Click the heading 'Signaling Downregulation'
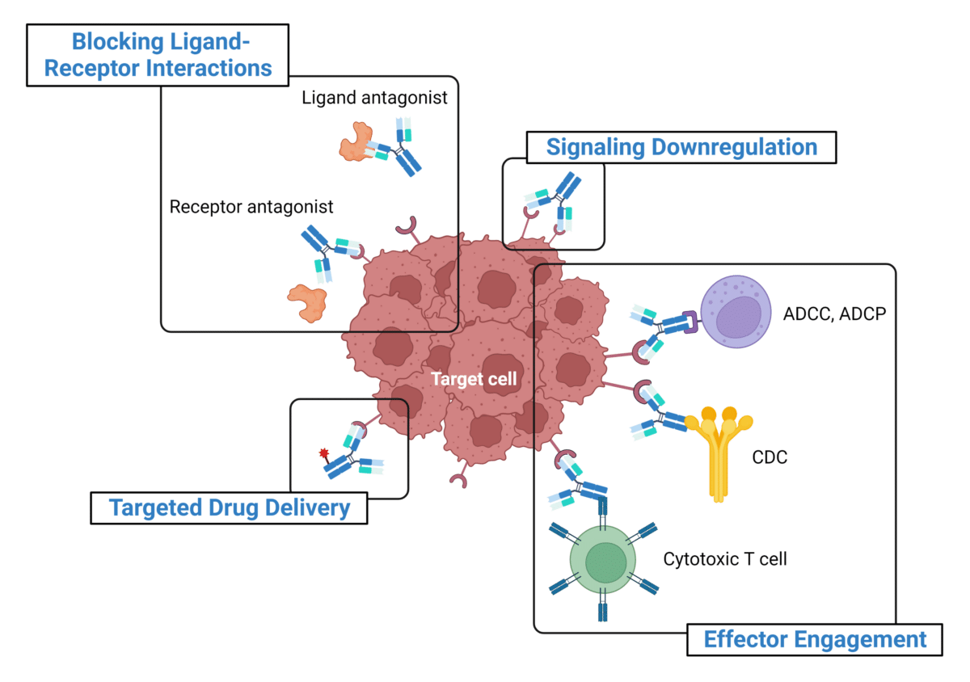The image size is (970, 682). pos(681,147)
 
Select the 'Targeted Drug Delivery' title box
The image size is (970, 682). pos(230,507)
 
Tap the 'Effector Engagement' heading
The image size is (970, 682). pos(815,639)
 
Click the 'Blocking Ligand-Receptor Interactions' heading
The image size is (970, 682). pos(158,54)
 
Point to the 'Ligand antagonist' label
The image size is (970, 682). pos(374,98)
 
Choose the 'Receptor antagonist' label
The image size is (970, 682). pos(251,207)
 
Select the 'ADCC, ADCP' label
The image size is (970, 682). pos(835,313)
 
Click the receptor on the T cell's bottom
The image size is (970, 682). pos(603,611)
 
